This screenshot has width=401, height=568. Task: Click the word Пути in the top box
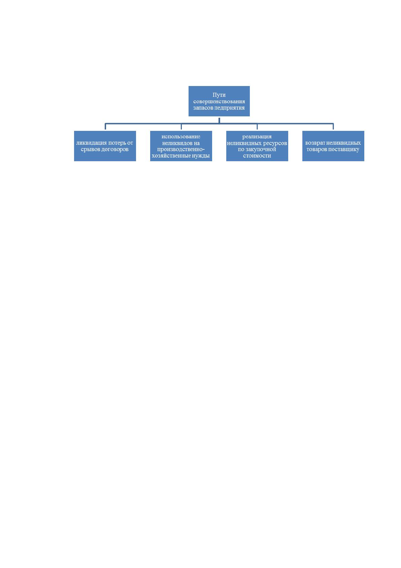(219, 95)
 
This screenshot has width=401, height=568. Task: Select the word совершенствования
(219, 102)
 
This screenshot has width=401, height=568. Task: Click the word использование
(181, 137)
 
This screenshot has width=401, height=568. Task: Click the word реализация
(257, 137)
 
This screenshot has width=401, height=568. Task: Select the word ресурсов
(275, 143)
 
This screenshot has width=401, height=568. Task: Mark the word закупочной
(260, 149)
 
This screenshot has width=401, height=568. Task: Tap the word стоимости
(257, 156)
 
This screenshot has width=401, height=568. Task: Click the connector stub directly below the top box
(219, 120)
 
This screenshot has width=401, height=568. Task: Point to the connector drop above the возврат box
(333, 126)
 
